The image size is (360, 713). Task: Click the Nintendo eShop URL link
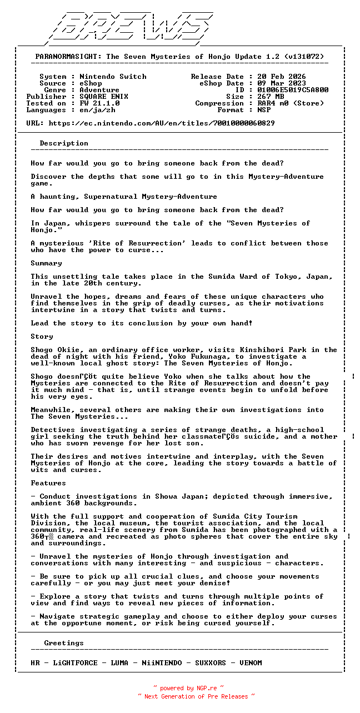coord(162,123)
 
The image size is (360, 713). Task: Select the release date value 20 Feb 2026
coord(281,77)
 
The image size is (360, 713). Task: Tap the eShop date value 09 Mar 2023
coord(281,83)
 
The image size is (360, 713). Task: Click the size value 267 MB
coord(271,97)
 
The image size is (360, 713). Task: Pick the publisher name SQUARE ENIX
coord(104,97)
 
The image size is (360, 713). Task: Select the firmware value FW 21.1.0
coord(99,103)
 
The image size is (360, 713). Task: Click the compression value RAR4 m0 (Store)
coord(291,103)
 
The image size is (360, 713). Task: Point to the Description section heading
coord(64,143)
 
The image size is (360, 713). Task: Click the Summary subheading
coord(46,263)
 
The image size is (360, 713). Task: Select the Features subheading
coord(48,483)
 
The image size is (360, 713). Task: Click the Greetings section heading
coord(64,643)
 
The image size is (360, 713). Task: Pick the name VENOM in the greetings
coord(251,663)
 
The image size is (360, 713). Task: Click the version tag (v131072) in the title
coord(304,57)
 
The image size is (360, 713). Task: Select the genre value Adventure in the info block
coord(99,90)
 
